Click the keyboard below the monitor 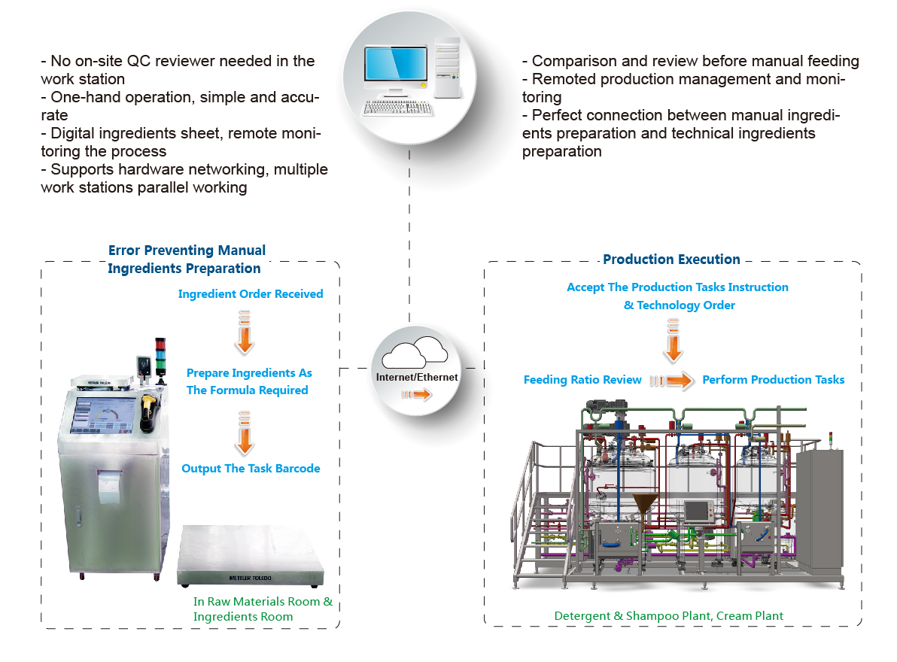[397, 108]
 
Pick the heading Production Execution [671, 260]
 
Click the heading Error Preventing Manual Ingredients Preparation [187, 260]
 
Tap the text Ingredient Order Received [251, 294]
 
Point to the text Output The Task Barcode [251, 469]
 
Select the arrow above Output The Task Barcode [243, 433]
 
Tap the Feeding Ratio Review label [582, 380]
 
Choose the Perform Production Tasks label [773, 380]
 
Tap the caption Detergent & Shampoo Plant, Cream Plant [668, 616]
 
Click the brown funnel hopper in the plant [645, 506]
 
